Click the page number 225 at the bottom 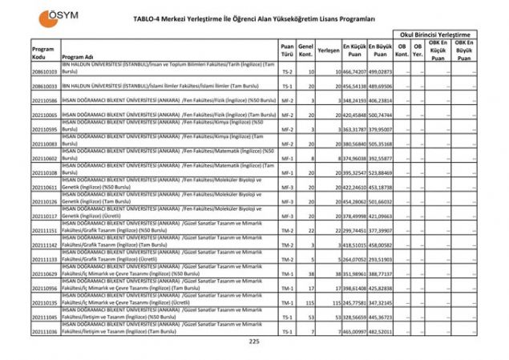(254, 343)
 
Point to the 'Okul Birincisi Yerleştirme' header (438, 35)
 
